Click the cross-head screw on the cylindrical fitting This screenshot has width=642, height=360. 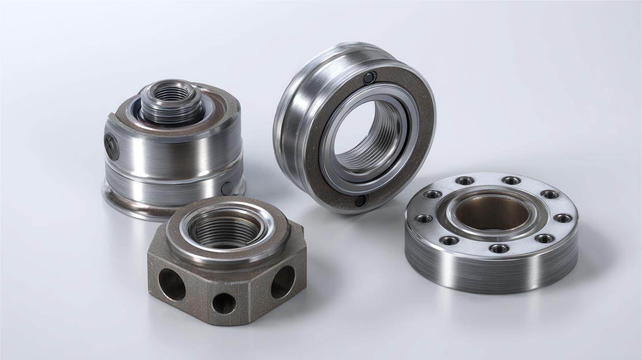click(x=111, y=146)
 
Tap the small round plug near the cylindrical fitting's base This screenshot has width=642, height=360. click(x=227, y=188)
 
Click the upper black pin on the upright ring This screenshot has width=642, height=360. click(x=370, y=78)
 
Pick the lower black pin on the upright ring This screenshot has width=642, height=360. click(x=360, y=201)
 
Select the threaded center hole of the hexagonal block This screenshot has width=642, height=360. click(x=225, y=229)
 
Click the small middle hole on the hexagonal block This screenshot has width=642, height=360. click(x=224, y=304)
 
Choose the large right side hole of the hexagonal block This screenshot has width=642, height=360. click(x=283, y=282)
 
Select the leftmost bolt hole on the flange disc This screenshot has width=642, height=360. click(x=424, y=218)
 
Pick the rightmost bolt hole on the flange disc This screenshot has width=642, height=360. click(x=563, y=217)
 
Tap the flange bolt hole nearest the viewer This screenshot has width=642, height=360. click(x=499, y=248)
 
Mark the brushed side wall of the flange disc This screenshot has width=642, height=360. click(x=489, y=274)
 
